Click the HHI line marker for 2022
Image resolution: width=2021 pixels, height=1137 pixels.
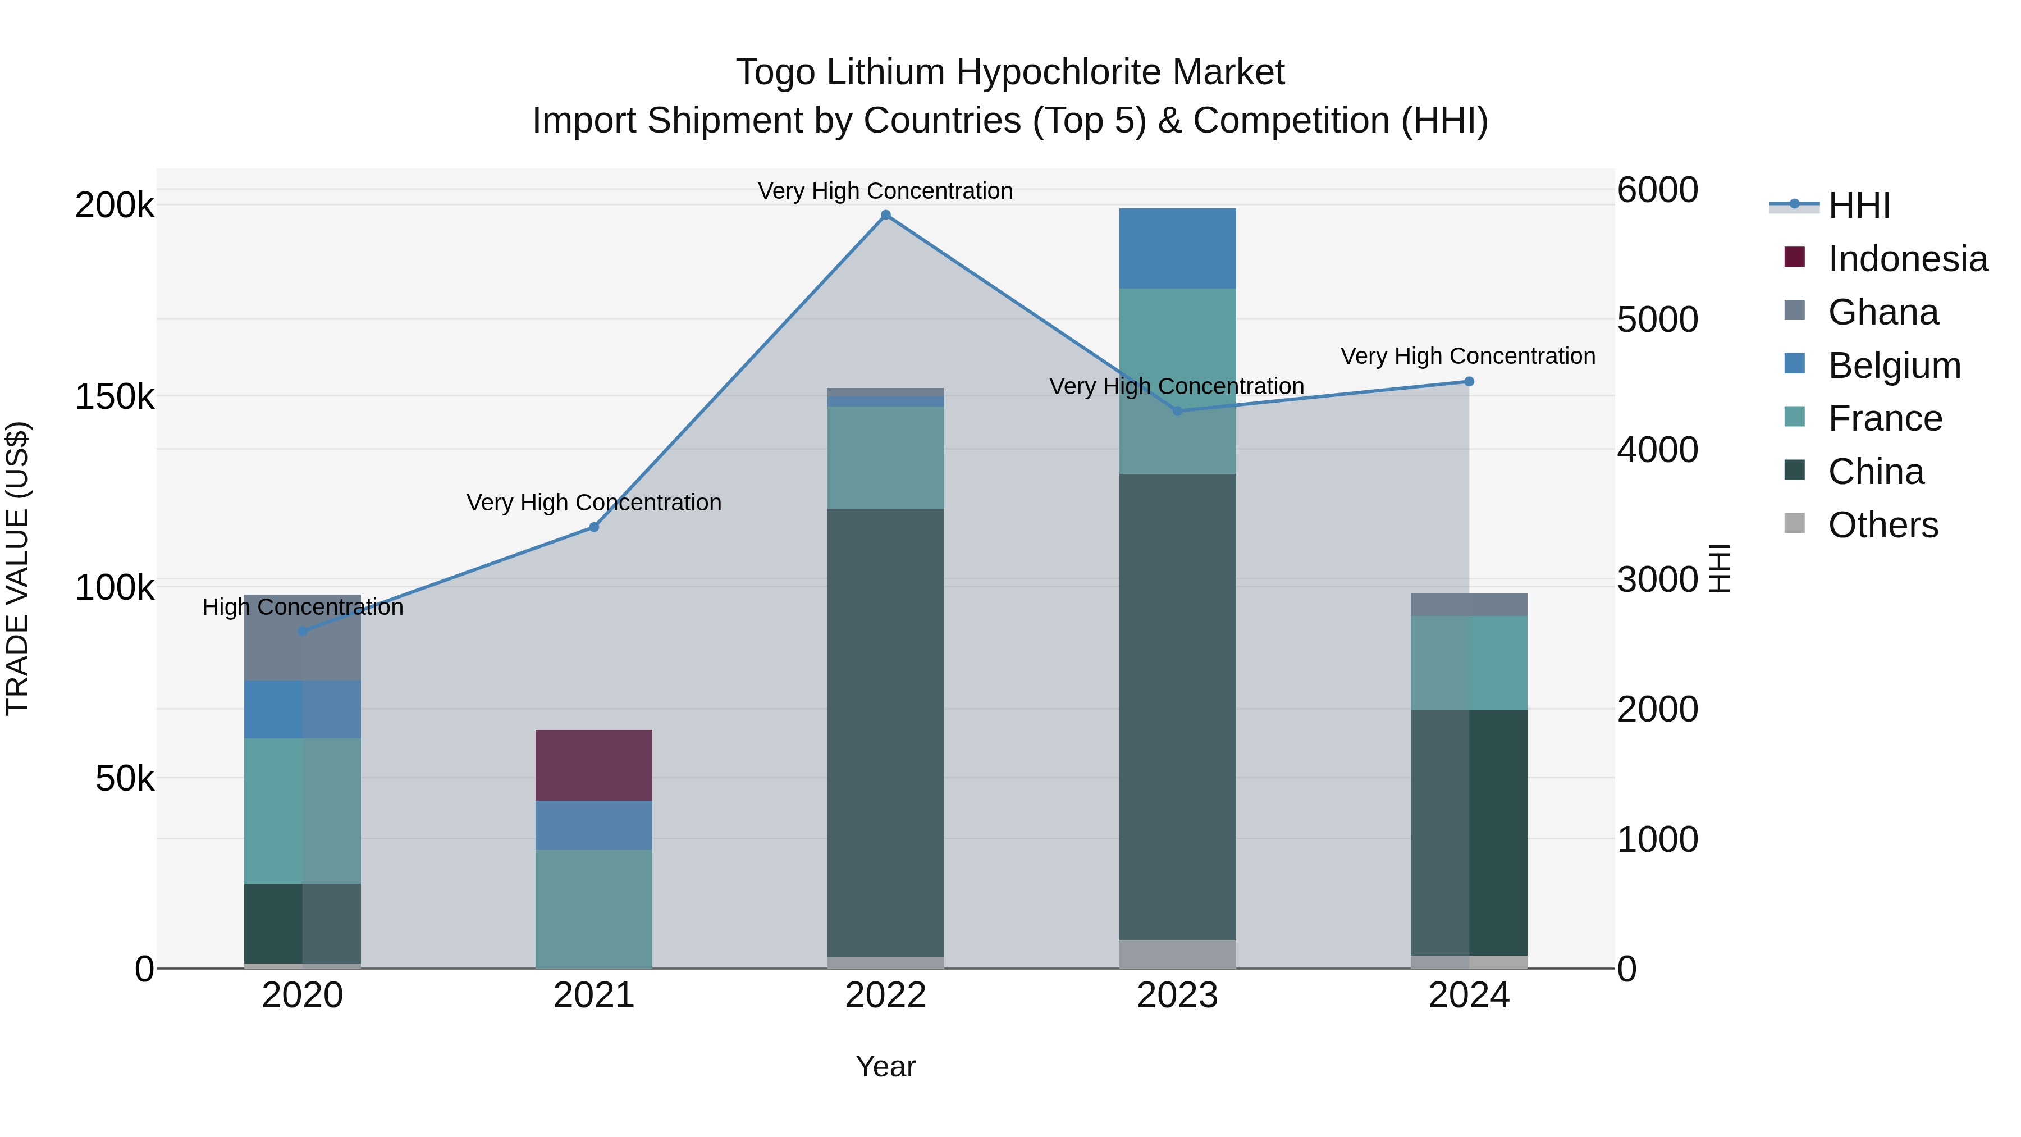pyautogui.click(x=886, y=215)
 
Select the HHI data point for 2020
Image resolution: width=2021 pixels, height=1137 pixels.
pyautogui.click(x=303, y=631)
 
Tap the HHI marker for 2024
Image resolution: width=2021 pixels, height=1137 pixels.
pyautogui.click(x=1469, y=382)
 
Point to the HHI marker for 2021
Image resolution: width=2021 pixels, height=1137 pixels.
pyautogui.click(x=594, y=527)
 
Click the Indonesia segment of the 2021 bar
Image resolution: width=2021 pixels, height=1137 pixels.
pyautogui.click(x=594, y=765)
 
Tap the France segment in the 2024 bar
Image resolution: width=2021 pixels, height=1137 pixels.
pyautogui.click(x=1469, y=663)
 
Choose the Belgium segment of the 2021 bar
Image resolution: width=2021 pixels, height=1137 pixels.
pyautogui.click(x=594, y=825)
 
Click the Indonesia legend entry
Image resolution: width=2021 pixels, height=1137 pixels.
pyautogui.click(x=1907, y=259)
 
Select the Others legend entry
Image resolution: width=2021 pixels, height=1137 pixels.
pyautogui.click(x=1882, y=525)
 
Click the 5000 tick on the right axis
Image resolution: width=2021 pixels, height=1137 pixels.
pyautogui.click(x=1657, y=319)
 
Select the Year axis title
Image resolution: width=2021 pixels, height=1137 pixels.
pyautogui.click(x=886, y=1066)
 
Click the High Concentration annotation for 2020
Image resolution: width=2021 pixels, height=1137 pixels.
pyautogui.click(x=303, y=608)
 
